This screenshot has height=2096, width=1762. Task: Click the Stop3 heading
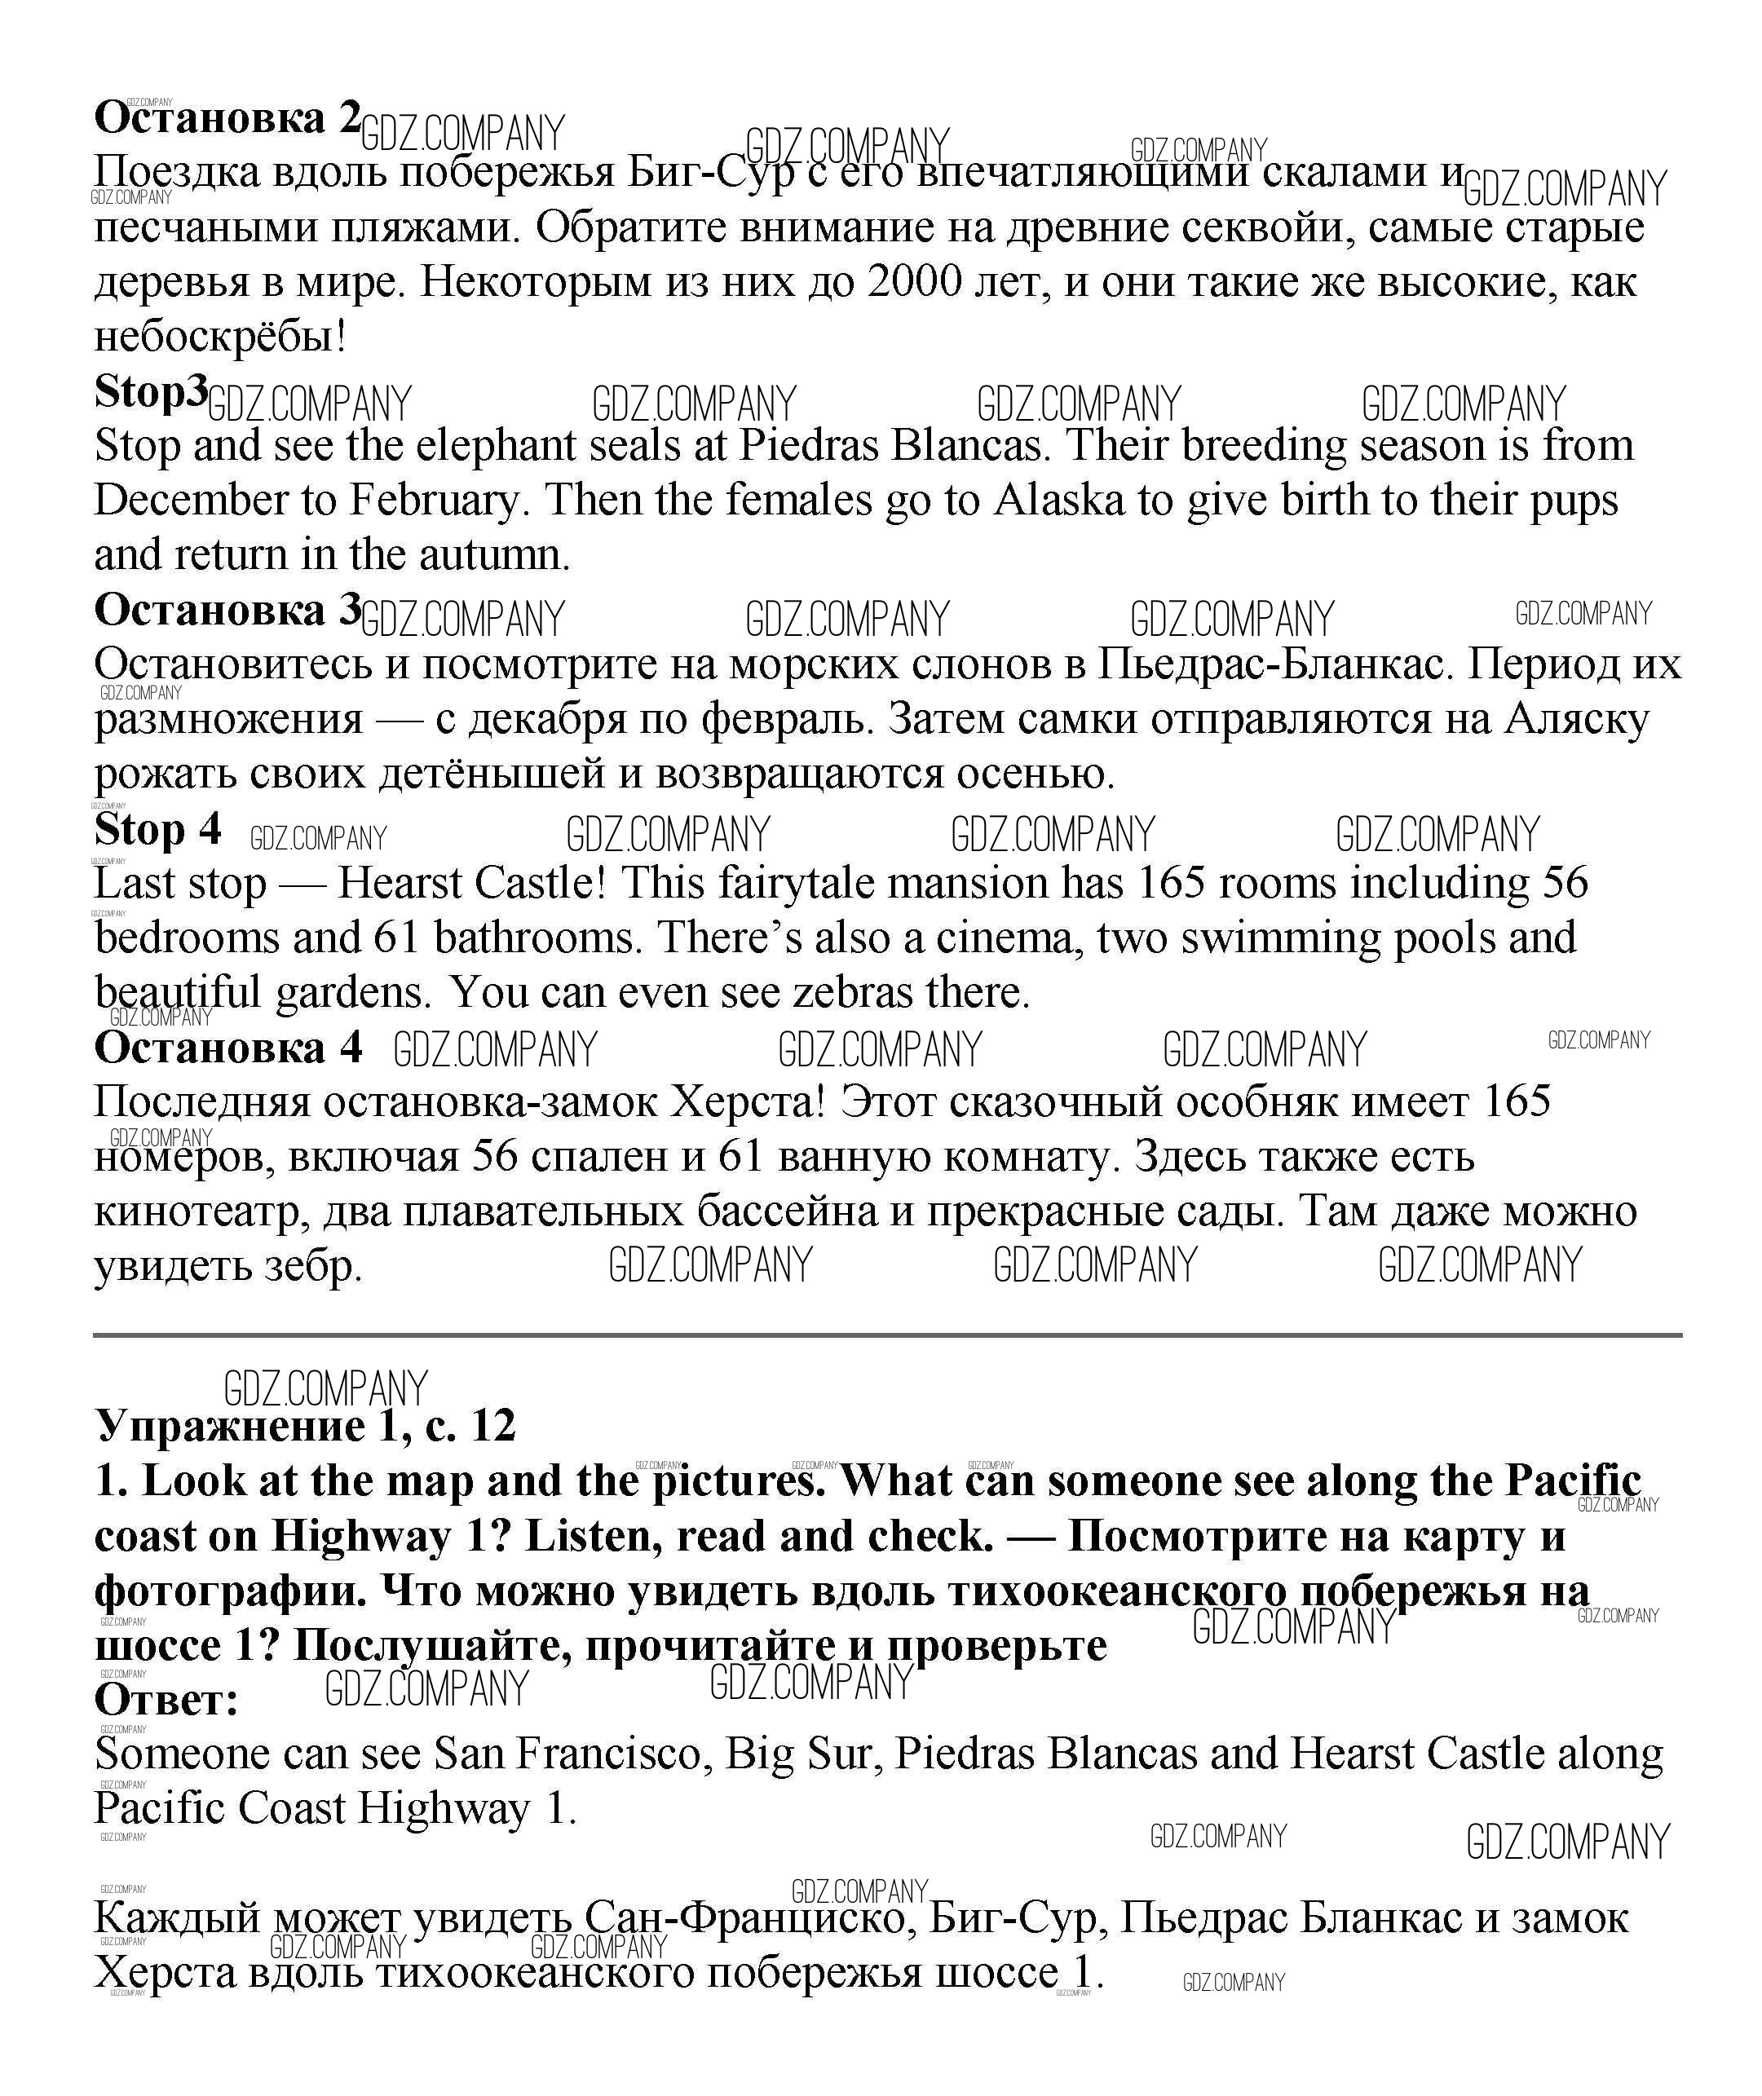[150, 391]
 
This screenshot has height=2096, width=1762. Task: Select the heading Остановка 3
[227, 610]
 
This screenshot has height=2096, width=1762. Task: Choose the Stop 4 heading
[157, 830]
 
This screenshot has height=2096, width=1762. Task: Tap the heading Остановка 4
[227, 1048]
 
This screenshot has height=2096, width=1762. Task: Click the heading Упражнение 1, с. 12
[305, 1426]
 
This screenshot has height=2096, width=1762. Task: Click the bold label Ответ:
[166, 1700]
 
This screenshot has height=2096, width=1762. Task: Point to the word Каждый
[177, 1917]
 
